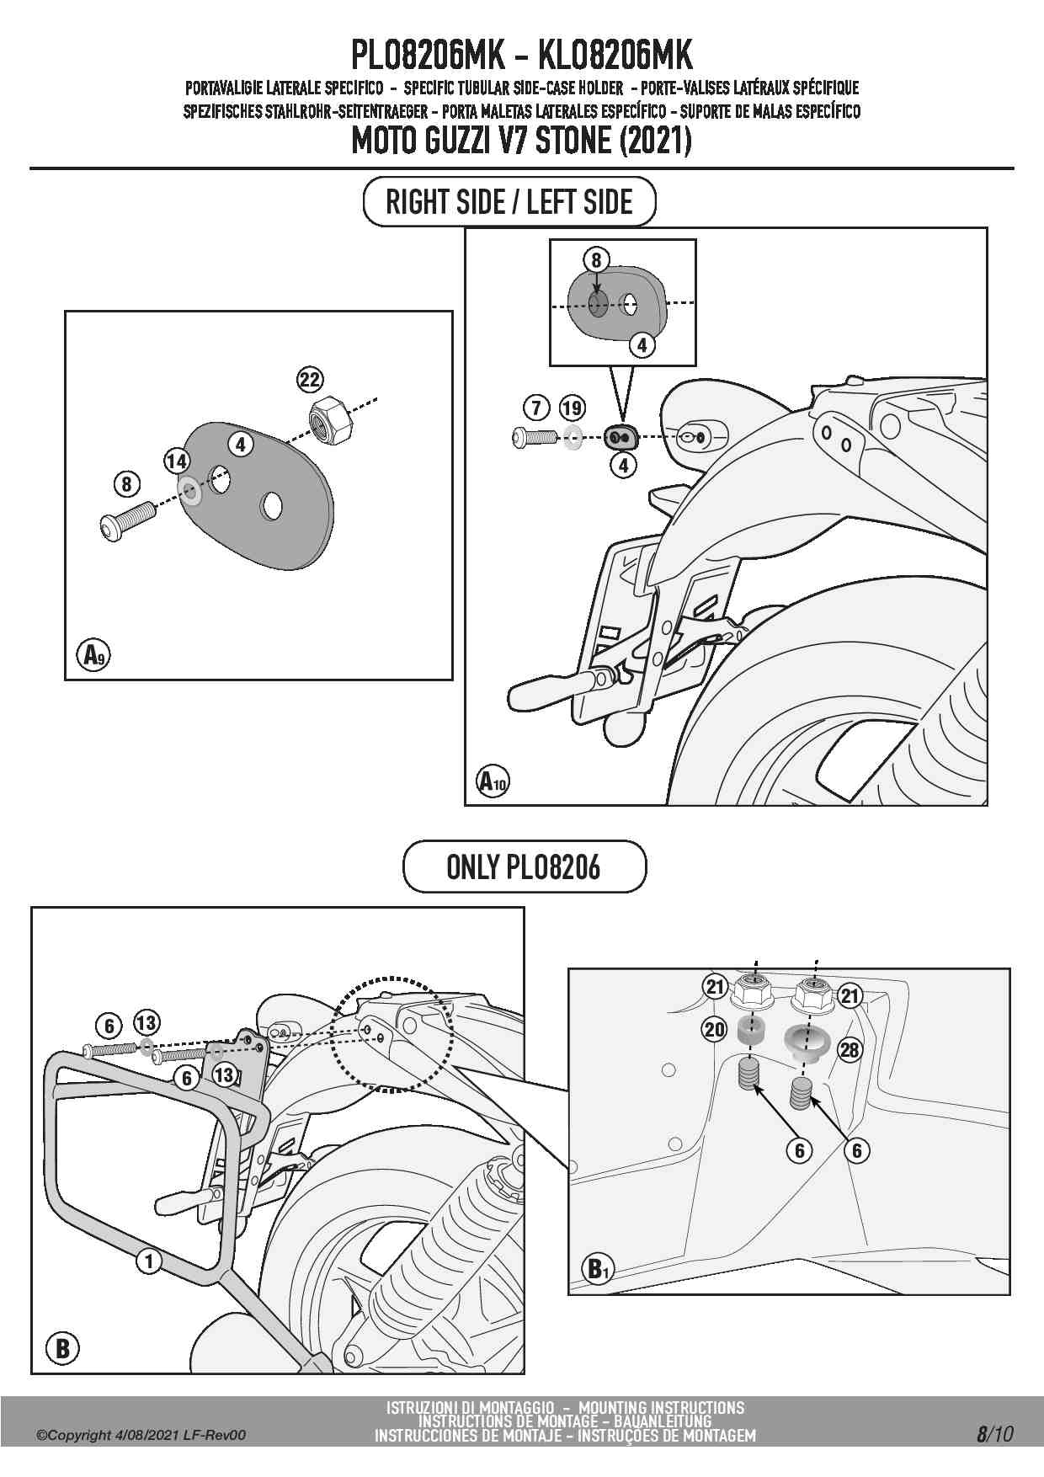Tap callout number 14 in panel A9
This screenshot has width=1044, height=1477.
pyautogui.click(x=177, y=461)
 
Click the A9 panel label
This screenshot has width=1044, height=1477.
pyautogui.click(x=93, y=654)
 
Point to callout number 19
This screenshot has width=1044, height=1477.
pyautogui.click(x=572, y=408)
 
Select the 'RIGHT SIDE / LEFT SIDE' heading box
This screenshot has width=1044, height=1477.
pyautogui.click(x=509, y=202)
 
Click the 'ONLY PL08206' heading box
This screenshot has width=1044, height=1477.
pyautogui.click(x=524, y=866)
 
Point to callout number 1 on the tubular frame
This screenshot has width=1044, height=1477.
pyautogui.click(x=149, y=1261)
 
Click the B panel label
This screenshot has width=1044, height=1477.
pyautogui.click(x=62, y=1348)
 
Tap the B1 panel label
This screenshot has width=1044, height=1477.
pyautogui.click(x=596, y=1268)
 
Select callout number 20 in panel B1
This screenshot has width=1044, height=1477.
pyautogui.click(x=715, y=1028)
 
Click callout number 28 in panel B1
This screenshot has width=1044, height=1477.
pyautogui.click(x=850, y=1049)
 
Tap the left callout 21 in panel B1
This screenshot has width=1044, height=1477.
pyautogui.click(x=715, y=986)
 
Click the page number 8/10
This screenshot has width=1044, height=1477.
pyautogui.click(x=994, y=1433)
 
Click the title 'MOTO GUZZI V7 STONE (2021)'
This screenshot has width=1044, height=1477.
pyautogui.click(x=521, y=140)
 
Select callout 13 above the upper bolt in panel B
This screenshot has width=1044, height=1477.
pyautogui.click(x=146, y=1023)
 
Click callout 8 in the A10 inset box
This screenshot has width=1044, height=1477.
pyautogui.click(x=596, y=260)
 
